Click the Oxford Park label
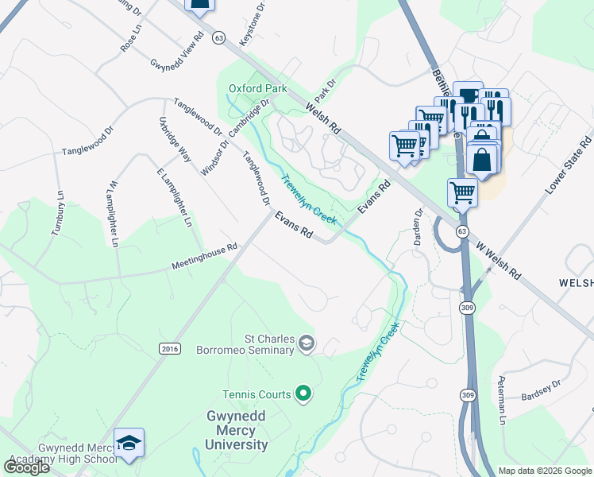(x=257, y=88)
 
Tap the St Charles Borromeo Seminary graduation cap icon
(x=306, y=343)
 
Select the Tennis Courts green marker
(x=303, y=393)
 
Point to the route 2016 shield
(x=170, y=348)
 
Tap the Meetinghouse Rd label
(x=204, y=258)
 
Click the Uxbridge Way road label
(x=175, y=140)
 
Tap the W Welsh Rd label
(x=499, y=260)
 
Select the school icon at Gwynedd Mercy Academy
(x=129, y=444)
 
